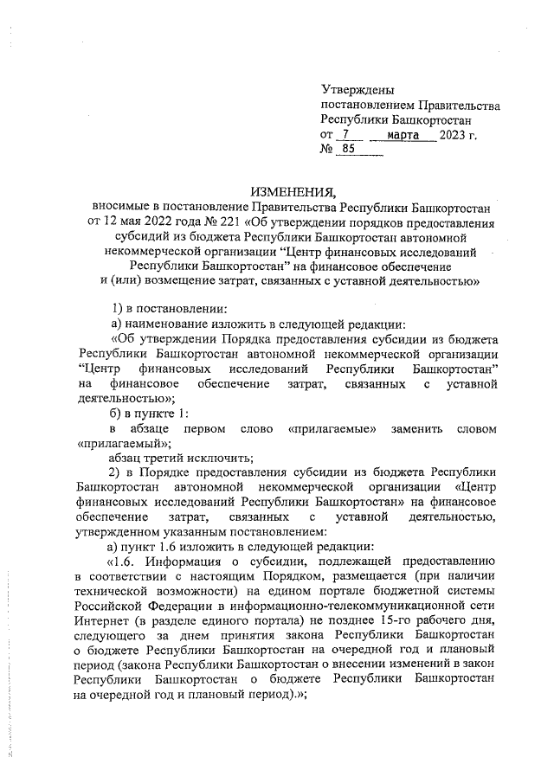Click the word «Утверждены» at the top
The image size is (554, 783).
(x=358, y=90)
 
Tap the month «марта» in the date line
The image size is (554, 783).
(x=403, y=136)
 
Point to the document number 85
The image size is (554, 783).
(x=348, y=150)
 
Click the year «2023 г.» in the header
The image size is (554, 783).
(x=459, y=136)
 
